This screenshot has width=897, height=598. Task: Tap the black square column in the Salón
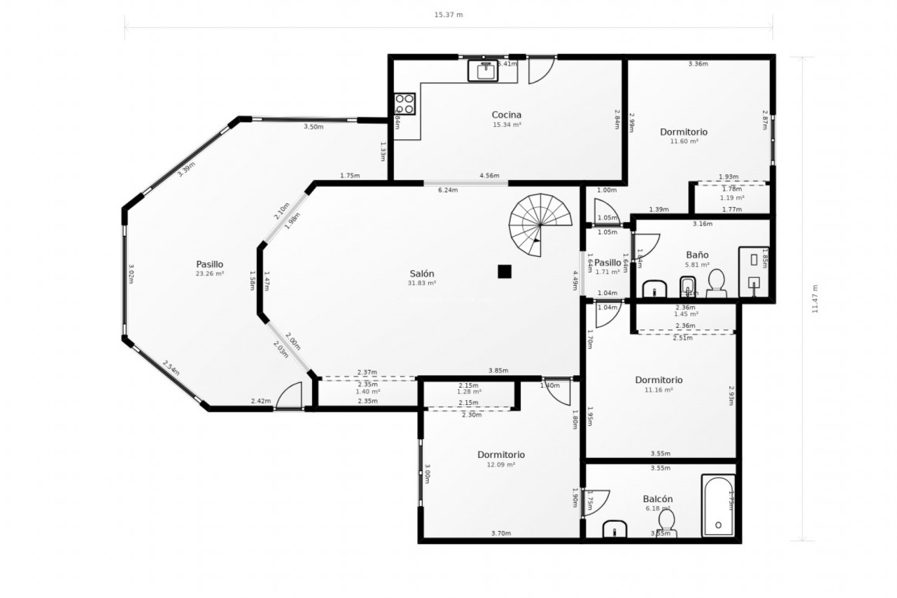[x=504, y=271]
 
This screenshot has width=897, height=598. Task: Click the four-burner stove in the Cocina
[x=405, y=104]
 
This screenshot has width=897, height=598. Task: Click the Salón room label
[x=422, y=274]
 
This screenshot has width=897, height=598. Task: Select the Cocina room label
[x=506, y=114]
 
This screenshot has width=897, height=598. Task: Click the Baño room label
[x=697, y=255]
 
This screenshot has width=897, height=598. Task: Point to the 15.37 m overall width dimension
[x=448, y=15]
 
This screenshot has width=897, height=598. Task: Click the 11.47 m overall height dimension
[x=815, y=299]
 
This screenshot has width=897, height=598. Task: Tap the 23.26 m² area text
[x=210, y=274]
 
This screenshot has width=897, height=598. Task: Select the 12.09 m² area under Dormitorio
[x=501, y=465]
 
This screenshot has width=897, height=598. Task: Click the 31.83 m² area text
[x=422, y=283]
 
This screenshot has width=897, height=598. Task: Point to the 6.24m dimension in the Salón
[x=448, y=190]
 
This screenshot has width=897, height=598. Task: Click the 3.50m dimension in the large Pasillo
[x=313, y=127]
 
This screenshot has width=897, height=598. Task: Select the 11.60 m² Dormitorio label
[x=684, y=141]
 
